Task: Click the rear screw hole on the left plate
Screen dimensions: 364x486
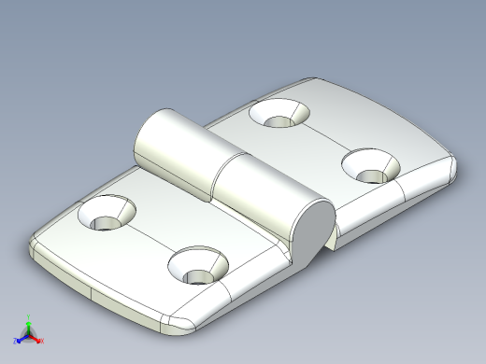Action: (106, 215)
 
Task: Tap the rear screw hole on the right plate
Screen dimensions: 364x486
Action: (281, 114)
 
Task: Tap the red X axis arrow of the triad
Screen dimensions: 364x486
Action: (36, 334)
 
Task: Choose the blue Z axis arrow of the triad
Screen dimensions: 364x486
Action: (21, 334)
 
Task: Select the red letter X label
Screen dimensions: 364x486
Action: (41, 337)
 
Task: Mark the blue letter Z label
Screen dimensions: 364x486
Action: (16, 338)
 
